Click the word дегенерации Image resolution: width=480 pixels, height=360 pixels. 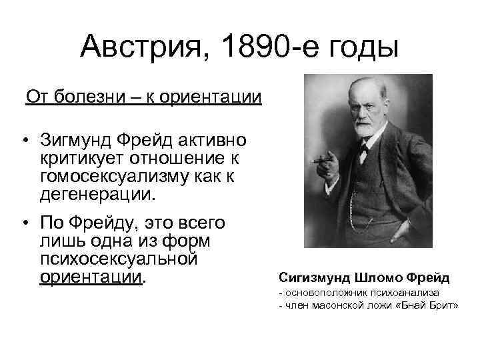click(x=95, y=196)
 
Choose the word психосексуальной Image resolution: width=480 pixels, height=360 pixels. click(x=119, y=257)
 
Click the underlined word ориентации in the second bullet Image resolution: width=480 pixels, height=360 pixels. click(x=91, y=275)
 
